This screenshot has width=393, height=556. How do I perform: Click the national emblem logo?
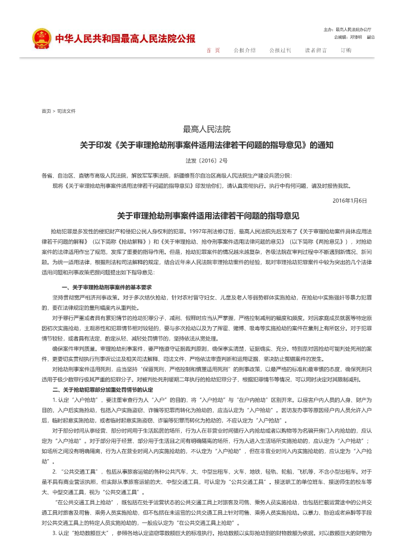click(x=41, y=38)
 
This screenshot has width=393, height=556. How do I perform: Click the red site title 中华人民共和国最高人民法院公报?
click(x=125, y=39)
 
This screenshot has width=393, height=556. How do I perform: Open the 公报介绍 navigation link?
click(x=245, y=50)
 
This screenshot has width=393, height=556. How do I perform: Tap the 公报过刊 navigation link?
click(x=280, y=50)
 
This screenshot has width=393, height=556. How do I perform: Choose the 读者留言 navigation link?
click(x=316, y=50)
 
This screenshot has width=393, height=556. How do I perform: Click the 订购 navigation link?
click(x=346, y=50)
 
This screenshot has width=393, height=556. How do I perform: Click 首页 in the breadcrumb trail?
click(x=46, y=111)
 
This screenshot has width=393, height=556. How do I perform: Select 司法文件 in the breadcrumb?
click(x=66, y=111)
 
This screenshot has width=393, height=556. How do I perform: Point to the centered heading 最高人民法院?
click(x=206, y=130)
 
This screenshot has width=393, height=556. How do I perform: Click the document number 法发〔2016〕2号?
click(x=206, y=160)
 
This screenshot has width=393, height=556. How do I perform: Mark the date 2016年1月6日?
click(x=350, y=200)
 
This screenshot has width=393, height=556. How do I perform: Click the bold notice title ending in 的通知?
click(x=206, y=145)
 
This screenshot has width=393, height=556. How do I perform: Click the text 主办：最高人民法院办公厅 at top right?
click(x=347, y=29)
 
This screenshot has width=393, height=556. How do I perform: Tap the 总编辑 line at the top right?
click(x=354, y=37)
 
